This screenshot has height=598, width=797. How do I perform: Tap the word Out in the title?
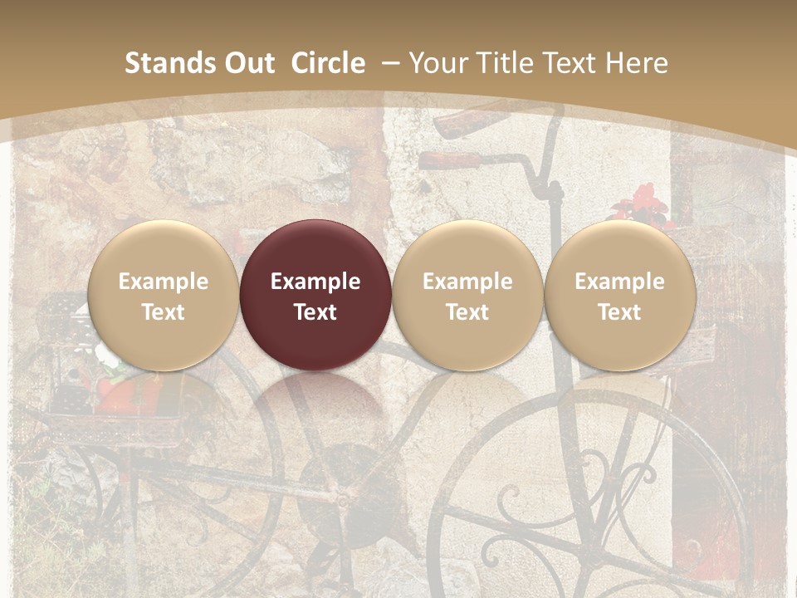click(247, 64)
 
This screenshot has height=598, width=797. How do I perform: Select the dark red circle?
click(315, 295)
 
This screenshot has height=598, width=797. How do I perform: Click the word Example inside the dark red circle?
click(315, 282)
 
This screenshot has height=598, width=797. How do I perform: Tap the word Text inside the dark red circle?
click(315, 312)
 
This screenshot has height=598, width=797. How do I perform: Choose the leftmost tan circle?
click(163, 295)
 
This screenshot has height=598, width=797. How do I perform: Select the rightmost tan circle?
click(619, 295)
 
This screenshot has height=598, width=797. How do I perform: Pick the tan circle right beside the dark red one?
click(467, 295)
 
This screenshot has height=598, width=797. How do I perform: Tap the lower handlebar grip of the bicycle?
click(452, 160)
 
